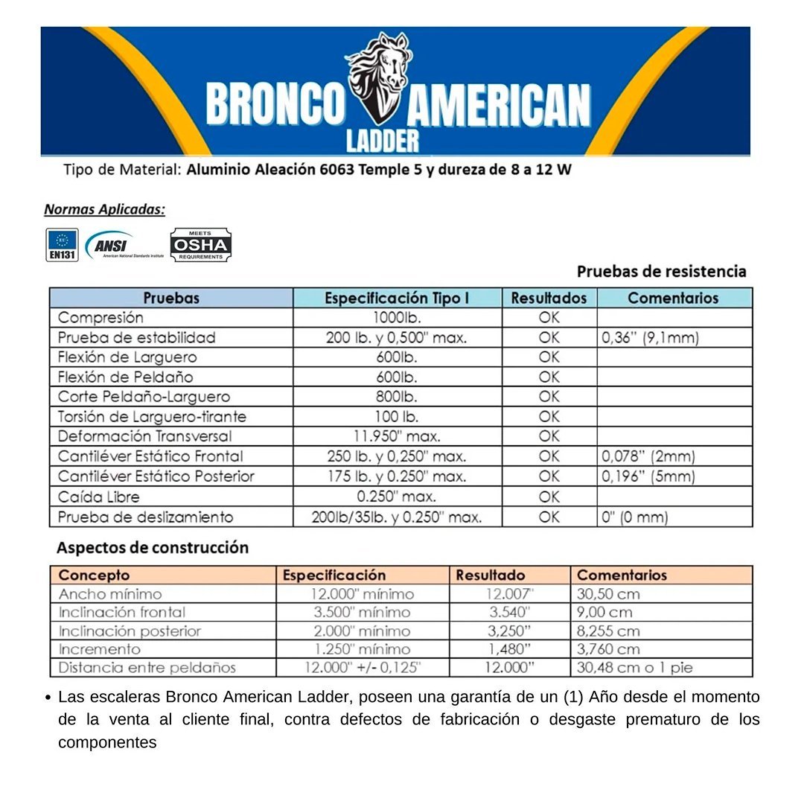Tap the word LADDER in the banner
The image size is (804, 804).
click(383, 140)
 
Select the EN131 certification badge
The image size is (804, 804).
click(62, 245)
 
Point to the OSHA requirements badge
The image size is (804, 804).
click(200, 245)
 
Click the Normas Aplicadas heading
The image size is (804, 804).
click(104, 209)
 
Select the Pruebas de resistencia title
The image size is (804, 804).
click(661, 271)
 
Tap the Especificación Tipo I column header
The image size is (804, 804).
click(397, 299)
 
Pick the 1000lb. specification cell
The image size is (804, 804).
click(397, 318)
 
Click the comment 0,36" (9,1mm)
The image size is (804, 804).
click(650, 338)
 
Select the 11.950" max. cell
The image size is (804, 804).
click(397, 436)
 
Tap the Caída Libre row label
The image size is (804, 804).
click(99, 497)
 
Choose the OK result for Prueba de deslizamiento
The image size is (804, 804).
click(549, 517)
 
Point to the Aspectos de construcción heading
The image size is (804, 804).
click(152, 548)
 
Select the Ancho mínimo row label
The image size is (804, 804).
click(110, 594)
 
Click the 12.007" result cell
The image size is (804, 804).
click(510, 594)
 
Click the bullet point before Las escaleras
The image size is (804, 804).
click(48, 698)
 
